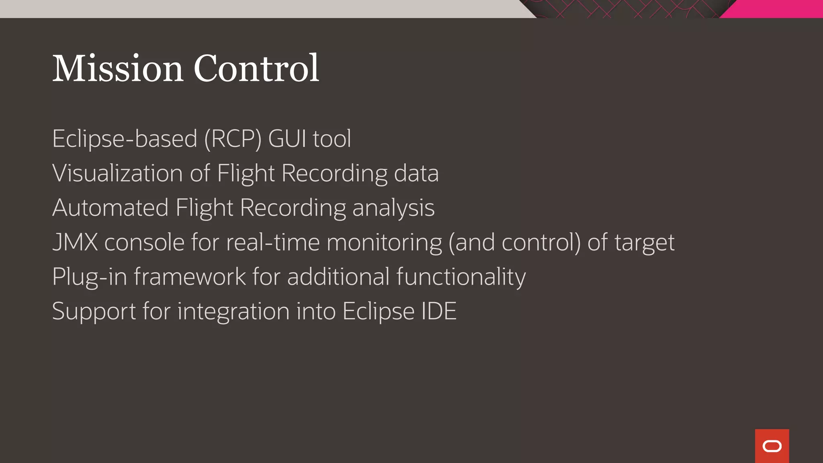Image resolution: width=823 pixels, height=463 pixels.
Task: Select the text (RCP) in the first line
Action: coord(233,139)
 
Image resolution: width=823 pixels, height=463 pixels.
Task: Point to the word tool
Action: coord(332,139)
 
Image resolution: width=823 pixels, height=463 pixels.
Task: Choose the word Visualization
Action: coord(118,174)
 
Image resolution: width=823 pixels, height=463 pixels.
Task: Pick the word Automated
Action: coord(110,208)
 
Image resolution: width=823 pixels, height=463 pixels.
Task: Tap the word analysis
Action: coord(393,208)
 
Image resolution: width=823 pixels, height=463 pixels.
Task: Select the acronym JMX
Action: coord(75,243)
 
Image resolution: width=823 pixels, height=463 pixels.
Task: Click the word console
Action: coord(144,243)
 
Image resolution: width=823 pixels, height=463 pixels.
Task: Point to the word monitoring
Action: coord(384,243)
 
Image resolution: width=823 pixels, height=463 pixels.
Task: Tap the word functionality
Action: coord(461,277)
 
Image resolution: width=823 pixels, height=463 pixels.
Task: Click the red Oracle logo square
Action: coord(772,446)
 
